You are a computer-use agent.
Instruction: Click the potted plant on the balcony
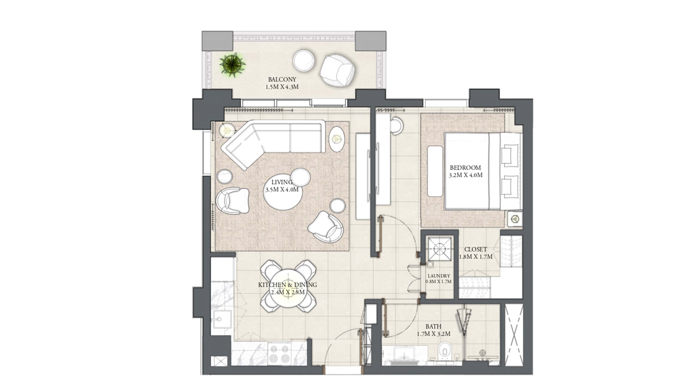click(233, 65)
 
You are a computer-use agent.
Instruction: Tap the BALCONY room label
click(282, 79)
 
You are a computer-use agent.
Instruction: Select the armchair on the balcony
click(337, 70)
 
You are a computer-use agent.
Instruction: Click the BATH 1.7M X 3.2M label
click(433, 330)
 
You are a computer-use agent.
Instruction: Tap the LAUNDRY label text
click(439, 276)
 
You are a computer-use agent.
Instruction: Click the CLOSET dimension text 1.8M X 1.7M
click(475, 257)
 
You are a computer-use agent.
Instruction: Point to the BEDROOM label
click(465, 168)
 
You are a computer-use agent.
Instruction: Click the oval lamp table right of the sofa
click(337, 139)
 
